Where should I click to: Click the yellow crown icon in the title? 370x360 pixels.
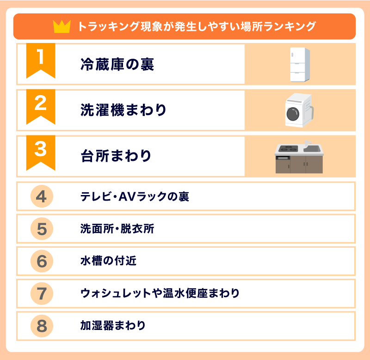pyautogui.click(x=62, y=26)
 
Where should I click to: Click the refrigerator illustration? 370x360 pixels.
pyautogui.click(x=300, y=65)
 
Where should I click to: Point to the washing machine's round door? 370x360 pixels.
pyautogui.click(x=293, y=114)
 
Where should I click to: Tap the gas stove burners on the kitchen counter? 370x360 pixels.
pyautogui.click(x=288, y=149)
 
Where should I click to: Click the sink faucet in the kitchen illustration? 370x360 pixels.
pyautogui.click(x=307, y=143)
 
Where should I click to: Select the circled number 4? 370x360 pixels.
pyautogui.click(x=42, y=196)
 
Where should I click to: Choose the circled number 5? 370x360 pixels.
pyautogui.click(x=42, y=229)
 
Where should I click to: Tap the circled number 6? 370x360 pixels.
pyautogui.click(x=42, y=261)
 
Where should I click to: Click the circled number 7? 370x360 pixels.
pyautogui.click(x=42, y=293)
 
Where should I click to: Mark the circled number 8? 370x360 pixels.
pyautogui.click(x=42, y=326)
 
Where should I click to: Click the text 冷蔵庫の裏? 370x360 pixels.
pyautogui.click(x=117, y=64)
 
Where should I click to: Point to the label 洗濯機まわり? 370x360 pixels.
pyautogui.click(x=123, y=110)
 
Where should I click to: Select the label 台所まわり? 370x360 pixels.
pyautogui.click(x=116, y=156)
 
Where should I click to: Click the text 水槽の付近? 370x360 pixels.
pyautogui.click(x=108, y=261)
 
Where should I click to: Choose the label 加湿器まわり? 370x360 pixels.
pyautogui.click(x=113, y=326)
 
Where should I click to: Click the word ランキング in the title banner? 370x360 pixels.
pyautogui.click(x=290, y=26)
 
